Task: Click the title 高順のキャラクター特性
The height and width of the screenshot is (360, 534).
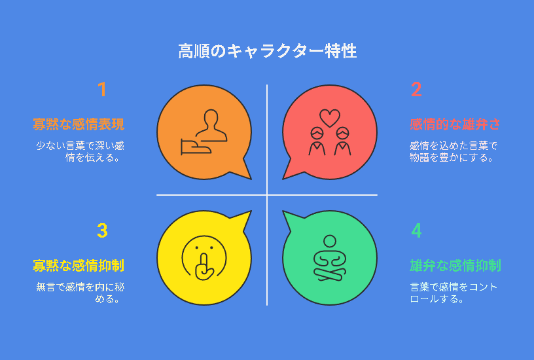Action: [268, 52]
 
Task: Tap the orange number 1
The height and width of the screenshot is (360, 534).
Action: [102, 89]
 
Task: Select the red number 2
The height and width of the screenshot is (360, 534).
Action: [416, 89]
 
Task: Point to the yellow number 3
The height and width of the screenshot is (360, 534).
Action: [102, 230]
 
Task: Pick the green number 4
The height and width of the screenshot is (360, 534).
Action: [416, 230]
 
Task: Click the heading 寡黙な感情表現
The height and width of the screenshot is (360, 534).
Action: [79, 124]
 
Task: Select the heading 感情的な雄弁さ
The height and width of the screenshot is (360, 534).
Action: [455, 124]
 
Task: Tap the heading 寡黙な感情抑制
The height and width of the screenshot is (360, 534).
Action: [79, 266]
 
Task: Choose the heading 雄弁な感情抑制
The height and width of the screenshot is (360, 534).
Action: [455, 266]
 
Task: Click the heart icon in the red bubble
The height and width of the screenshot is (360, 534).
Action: [330, 118]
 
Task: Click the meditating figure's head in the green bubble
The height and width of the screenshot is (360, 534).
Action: [330, 241]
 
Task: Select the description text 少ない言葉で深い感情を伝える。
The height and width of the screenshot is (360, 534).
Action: [80, 152]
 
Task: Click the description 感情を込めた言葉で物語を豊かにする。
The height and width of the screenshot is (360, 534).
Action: [454, 152]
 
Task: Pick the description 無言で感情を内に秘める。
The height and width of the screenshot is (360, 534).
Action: [80, 293]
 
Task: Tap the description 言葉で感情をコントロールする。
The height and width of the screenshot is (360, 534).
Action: [454, 293]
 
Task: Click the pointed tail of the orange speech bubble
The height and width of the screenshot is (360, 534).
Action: [251, 179]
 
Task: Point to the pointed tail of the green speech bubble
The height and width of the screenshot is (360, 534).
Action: [283, 211]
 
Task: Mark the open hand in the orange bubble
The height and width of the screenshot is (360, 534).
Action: [196, 147]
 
